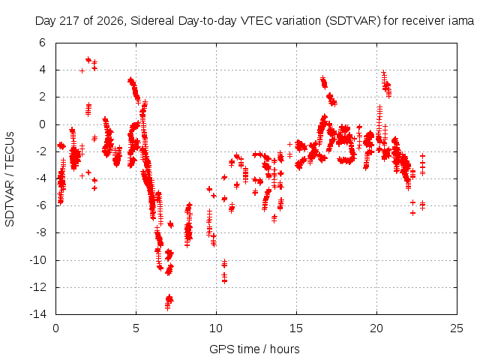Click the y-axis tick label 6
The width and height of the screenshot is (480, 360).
click(x=42, y=43)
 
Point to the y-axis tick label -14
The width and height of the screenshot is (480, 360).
click(x=38, y=314)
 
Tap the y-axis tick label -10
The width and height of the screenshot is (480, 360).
click(x=38, y=260)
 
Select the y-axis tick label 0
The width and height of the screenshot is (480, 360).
click(x=42, y=124)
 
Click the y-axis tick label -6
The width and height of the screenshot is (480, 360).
click(x=40, y=205)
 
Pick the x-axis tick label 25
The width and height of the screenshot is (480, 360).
click(x=457, y=328)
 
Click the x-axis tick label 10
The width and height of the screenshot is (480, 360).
click(x=216, y=328)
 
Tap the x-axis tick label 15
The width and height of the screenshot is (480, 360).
click(x=296, y=328)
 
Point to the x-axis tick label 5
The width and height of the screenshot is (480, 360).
click(x=136, y=328)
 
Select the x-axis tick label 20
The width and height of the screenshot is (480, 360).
click(x=376, y=328)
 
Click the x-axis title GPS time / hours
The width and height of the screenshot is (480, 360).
click(x=254, y=349)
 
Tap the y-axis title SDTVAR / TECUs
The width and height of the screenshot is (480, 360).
click(x=10, y=179)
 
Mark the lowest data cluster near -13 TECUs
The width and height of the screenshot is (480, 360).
click(x=169, y=301)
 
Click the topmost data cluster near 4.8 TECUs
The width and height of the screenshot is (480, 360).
click(x=88, y=60)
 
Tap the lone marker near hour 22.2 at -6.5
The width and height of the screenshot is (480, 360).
click(x=412, y=213)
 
